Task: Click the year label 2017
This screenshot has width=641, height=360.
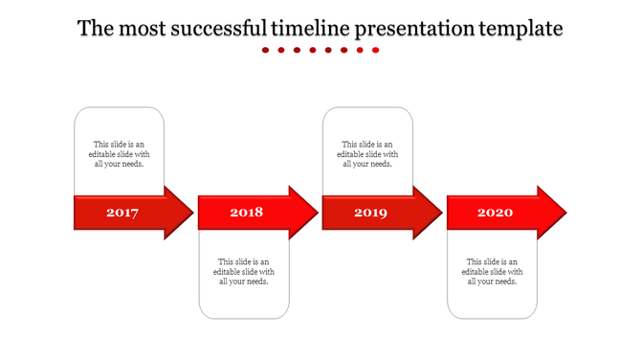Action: point(122,213)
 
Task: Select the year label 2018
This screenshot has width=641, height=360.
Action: point(246,213)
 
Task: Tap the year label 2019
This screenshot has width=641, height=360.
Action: point(370,213)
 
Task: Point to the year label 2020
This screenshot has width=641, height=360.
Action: point(495,213)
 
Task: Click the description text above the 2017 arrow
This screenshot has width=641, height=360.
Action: point(120,154)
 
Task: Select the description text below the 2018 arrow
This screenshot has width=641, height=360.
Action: point(244,271)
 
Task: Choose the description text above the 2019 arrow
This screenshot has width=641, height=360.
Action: point(368,154)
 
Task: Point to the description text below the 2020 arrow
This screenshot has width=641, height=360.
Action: point(493,271)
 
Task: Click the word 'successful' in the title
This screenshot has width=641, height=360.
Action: point(220,29)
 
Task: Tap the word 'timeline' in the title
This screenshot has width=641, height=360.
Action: point(311,29)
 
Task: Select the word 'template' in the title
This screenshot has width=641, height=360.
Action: point(520,29)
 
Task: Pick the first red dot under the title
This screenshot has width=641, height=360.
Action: point(266,50)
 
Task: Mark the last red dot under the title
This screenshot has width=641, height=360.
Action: point(376,50)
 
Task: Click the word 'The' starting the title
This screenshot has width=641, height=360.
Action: point(94,29)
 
